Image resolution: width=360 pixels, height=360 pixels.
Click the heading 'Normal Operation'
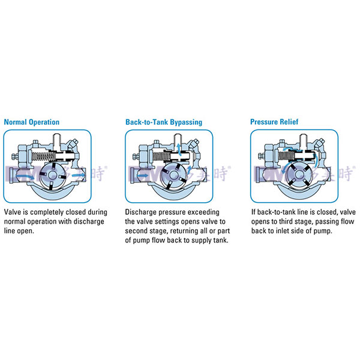(x=32, y=122)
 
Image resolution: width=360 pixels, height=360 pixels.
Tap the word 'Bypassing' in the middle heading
(x=187, y=122)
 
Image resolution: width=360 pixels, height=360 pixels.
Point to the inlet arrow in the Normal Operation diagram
(x=25, y=176)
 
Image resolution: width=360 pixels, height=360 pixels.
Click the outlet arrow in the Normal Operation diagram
(x=77, y=175)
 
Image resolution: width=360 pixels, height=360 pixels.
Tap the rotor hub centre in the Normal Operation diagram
(x=52, y=175)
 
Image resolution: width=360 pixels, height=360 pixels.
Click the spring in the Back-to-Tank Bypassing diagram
(x=161, y=157)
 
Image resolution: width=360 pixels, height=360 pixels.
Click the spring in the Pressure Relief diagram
(x=284, y=157)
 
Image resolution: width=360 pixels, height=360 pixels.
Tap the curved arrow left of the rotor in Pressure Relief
(x=286, y=170)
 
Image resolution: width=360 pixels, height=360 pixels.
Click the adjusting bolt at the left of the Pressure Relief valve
(x=261, y=157)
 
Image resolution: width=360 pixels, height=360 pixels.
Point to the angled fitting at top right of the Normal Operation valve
(x=73, y=143)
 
